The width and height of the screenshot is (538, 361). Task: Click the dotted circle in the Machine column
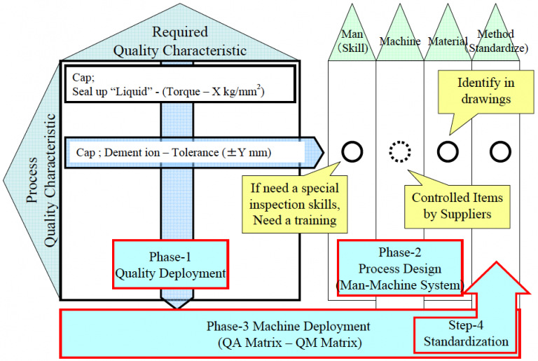[400, 151]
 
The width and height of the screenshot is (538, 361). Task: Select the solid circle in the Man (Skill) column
[352, 151]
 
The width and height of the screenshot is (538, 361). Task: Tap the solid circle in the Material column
[448, 151]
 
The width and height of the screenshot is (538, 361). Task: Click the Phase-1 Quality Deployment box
[170, 264]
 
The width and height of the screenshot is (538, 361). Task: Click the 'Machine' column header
[400, 41]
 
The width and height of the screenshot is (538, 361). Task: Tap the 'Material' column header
[447, 41]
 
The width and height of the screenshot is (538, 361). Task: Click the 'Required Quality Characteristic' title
[180, 41]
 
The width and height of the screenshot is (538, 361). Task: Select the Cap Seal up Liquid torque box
[181, 85]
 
